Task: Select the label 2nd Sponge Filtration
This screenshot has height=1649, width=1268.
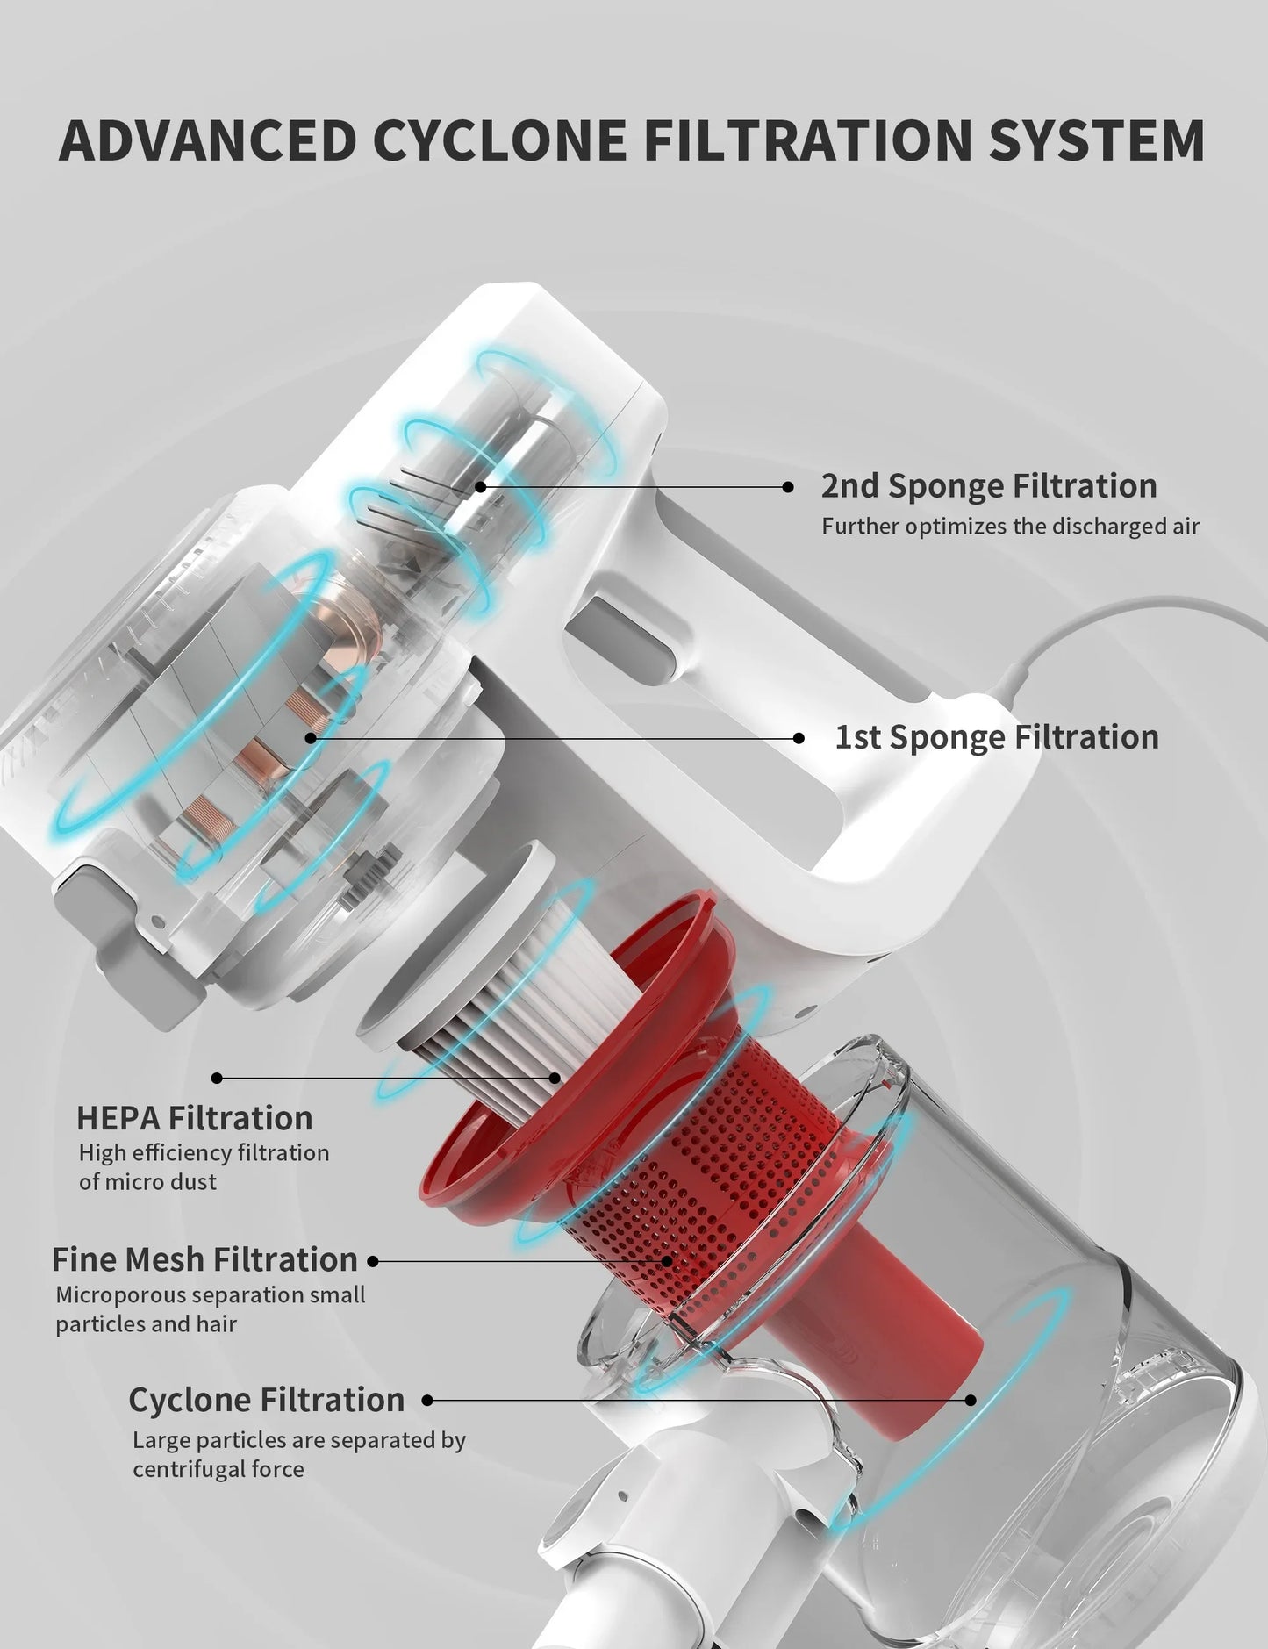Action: [989, 486]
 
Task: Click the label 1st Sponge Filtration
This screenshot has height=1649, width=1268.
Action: [996, 737]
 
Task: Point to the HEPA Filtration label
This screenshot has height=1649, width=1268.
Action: [195, 1118]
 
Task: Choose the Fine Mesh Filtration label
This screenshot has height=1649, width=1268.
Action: [204, 1259]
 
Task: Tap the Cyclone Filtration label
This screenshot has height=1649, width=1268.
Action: [267, 1400]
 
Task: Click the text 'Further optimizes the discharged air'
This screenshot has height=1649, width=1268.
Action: [1010, 527]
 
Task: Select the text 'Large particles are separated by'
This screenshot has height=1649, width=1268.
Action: [299, 1440]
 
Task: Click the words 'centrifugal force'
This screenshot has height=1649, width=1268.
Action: [218, 1469]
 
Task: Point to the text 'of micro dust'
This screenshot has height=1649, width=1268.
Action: [147, 1182]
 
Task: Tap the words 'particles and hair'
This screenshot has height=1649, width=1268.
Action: [146, 1323]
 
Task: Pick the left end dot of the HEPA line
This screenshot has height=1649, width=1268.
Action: [217, 1078]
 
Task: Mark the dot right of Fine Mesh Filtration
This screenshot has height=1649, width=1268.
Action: [373, 1261]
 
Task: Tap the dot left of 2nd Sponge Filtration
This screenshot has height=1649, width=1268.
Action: [788, 487]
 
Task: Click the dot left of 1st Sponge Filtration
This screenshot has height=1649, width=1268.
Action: [798, 739]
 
